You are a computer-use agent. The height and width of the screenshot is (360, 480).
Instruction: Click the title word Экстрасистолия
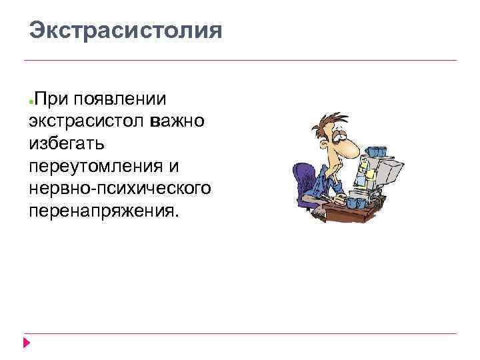[125, 31]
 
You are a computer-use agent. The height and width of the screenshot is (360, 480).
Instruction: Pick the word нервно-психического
[120, 187]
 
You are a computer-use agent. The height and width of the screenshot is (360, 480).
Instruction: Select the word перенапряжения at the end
[103, 209]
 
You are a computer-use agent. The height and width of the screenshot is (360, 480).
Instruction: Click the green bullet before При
[31, 101]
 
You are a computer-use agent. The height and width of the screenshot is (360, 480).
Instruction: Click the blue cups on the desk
[357, 202]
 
